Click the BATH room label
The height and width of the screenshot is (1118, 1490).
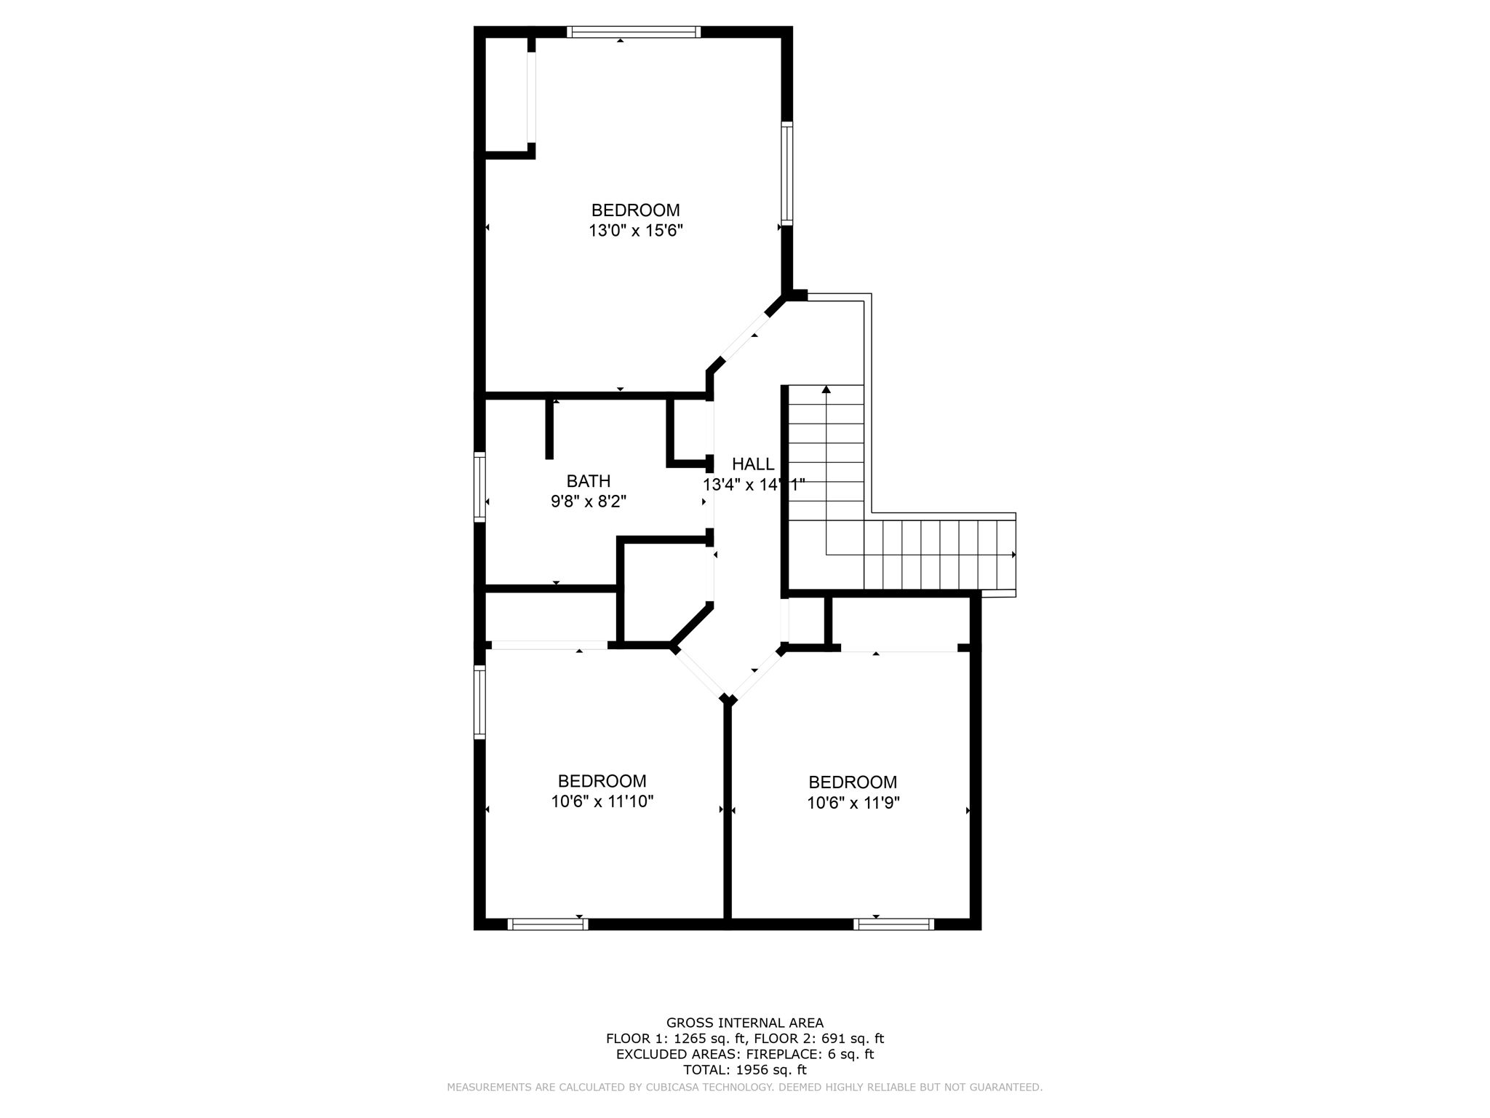588,481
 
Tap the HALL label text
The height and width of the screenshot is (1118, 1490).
753,464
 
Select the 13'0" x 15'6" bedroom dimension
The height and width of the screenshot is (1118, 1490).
636,231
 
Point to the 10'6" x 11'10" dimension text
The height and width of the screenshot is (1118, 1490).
602,802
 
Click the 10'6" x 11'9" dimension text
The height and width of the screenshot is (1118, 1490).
853,804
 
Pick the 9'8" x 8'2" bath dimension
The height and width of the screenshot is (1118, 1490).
589,501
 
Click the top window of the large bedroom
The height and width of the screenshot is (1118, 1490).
633,32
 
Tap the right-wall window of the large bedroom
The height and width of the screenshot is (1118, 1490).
786,173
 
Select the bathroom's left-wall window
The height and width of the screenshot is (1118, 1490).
479,486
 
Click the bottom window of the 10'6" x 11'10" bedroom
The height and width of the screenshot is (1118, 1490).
548,924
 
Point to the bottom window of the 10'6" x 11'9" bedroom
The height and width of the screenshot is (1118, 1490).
893,924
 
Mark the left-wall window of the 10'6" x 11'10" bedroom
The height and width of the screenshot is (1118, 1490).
479,702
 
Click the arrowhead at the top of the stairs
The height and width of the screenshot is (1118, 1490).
826,389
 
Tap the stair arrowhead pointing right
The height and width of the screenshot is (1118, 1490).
1013,555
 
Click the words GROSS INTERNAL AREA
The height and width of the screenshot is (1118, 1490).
745,1023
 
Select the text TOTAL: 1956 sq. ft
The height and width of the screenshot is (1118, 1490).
745,1070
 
